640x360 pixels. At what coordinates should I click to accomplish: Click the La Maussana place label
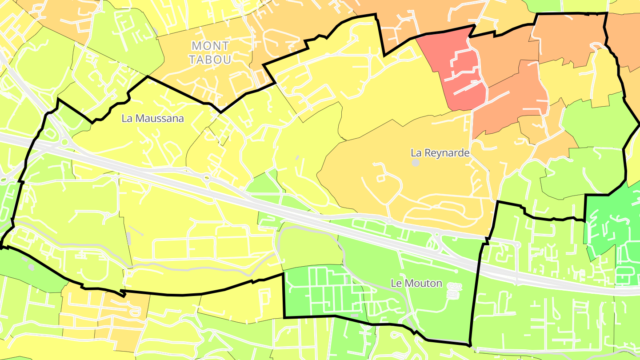click(x=152, y=119)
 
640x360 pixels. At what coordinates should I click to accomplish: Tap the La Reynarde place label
click(x=440, y=153)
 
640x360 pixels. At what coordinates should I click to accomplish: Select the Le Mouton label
click(x=416, y=283)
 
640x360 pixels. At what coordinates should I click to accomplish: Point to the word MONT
click(x=210, y=46)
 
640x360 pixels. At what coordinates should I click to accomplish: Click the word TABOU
click(x=210, y=59)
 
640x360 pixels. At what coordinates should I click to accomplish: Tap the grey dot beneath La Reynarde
click(x=416, y=163)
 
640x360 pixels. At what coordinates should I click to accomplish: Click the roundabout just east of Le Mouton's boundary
click(x=517, y=245)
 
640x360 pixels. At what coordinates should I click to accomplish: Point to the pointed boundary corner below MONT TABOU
click(x=220, y=112)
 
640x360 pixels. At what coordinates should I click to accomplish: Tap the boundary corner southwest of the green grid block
click(x=284, y=317)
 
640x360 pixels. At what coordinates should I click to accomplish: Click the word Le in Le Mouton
click(x=396, y=283)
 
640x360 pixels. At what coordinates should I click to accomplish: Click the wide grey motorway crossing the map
click(x=311, y=213)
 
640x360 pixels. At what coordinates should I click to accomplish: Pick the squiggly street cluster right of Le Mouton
click(x=454, y=290)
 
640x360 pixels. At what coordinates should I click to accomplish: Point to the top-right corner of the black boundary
click(x=607, y=13)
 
